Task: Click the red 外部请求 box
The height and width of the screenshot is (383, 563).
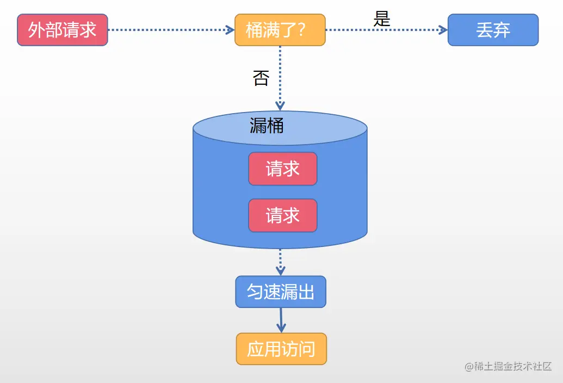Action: click(x=63, y=30)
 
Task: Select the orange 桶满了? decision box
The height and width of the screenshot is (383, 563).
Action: click(x=280, y=30)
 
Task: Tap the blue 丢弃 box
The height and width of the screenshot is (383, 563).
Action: click(x=493, y=30)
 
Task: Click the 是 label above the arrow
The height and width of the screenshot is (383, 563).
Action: click(x=382, y=19)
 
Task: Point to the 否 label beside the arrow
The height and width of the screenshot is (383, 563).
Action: click(x=261, y=78)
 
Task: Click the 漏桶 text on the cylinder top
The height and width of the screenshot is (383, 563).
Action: click(x=267, y=126)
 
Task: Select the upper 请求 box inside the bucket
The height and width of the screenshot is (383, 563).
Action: click(x=282, y=169)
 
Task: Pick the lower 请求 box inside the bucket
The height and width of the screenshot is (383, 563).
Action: click(x=282, y=215)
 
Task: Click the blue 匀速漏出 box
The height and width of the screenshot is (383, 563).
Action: click(x=281, y=292)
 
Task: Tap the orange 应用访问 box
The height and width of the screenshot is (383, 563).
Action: click(x=281, y=349)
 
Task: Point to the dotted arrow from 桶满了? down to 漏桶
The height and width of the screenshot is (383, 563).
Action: click(x=280, y=76)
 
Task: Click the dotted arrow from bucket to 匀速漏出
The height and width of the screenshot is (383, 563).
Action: click(x=280, y=261)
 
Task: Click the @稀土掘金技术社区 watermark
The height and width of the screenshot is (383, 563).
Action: click(x=508, y=366)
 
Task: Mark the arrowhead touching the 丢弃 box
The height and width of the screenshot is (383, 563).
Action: click(x=443, y=30)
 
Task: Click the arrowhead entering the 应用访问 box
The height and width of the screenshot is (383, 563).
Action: click(x=281, y=328)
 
